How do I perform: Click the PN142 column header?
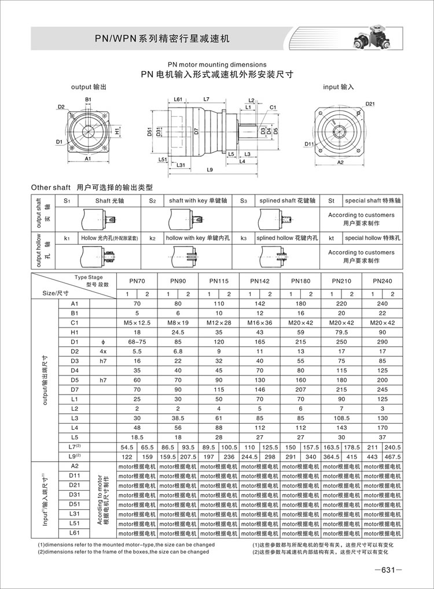tap(260, 281)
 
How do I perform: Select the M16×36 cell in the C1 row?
tap(260, 322)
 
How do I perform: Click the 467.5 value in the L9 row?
tap(392, 456)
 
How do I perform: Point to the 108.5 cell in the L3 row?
tap(341, 418)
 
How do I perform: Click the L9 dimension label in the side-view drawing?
tap(209, 170)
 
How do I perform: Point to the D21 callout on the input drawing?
tap(370, 104)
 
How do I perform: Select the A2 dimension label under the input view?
tap(340, 164)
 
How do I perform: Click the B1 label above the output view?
tap(89, 100)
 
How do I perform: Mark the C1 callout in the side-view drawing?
tap(273, 107)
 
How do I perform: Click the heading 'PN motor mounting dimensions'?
tap(217, 65)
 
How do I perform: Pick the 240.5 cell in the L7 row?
tap(392, 447)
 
